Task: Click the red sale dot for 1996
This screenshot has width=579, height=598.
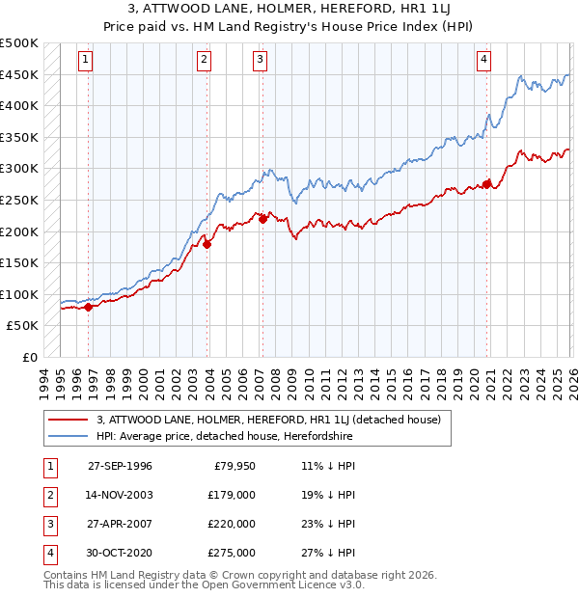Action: coord(89,307)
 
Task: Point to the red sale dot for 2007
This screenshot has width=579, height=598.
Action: coord(262,219)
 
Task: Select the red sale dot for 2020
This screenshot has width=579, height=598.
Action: coord(487,183)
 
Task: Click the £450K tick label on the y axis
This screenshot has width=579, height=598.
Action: coord(20,74)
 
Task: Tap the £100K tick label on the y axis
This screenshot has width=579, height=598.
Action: coord(20,294)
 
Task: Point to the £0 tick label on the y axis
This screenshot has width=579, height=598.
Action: coord(30,357)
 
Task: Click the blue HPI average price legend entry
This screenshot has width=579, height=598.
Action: coord(224,437)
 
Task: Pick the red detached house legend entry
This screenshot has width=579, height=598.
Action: coord(268,420)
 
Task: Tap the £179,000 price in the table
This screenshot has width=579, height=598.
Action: coord(232,496)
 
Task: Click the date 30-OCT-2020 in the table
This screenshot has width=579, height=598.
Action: coord(120,553)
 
